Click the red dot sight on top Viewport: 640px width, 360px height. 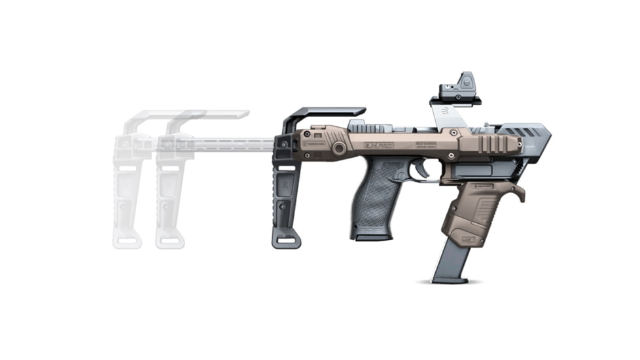point(460,87)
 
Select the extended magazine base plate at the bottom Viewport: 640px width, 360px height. point(450,279)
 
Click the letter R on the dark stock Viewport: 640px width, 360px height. point(287,186)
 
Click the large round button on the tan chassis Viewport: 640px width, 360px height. point(339,149)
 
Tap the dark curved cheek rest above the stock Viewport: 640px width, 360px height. point(324,114)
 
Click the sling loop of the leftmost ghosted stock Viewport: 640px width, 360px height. point(127,241)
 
